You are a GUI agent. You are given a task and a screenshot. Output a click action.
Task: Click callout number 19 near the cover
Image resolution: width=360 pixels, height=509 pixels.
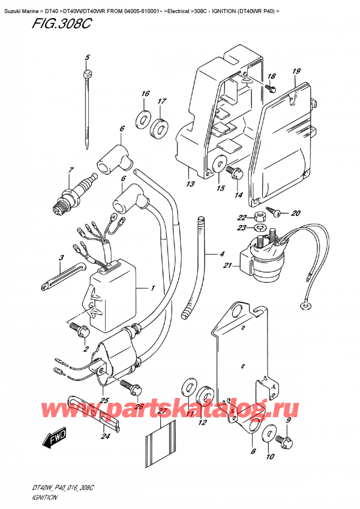pyautogui.click(x=296, y=71)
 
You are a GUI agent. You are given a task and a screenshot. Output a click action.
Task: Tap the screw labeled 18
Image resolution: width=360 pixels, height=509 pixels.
pyautogui.click(x=270, y=89)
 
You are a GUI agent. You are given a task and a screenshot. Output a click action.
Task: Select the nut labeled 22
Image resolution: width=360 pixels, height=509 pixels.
pyautogui.click(x=260, y=217)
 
